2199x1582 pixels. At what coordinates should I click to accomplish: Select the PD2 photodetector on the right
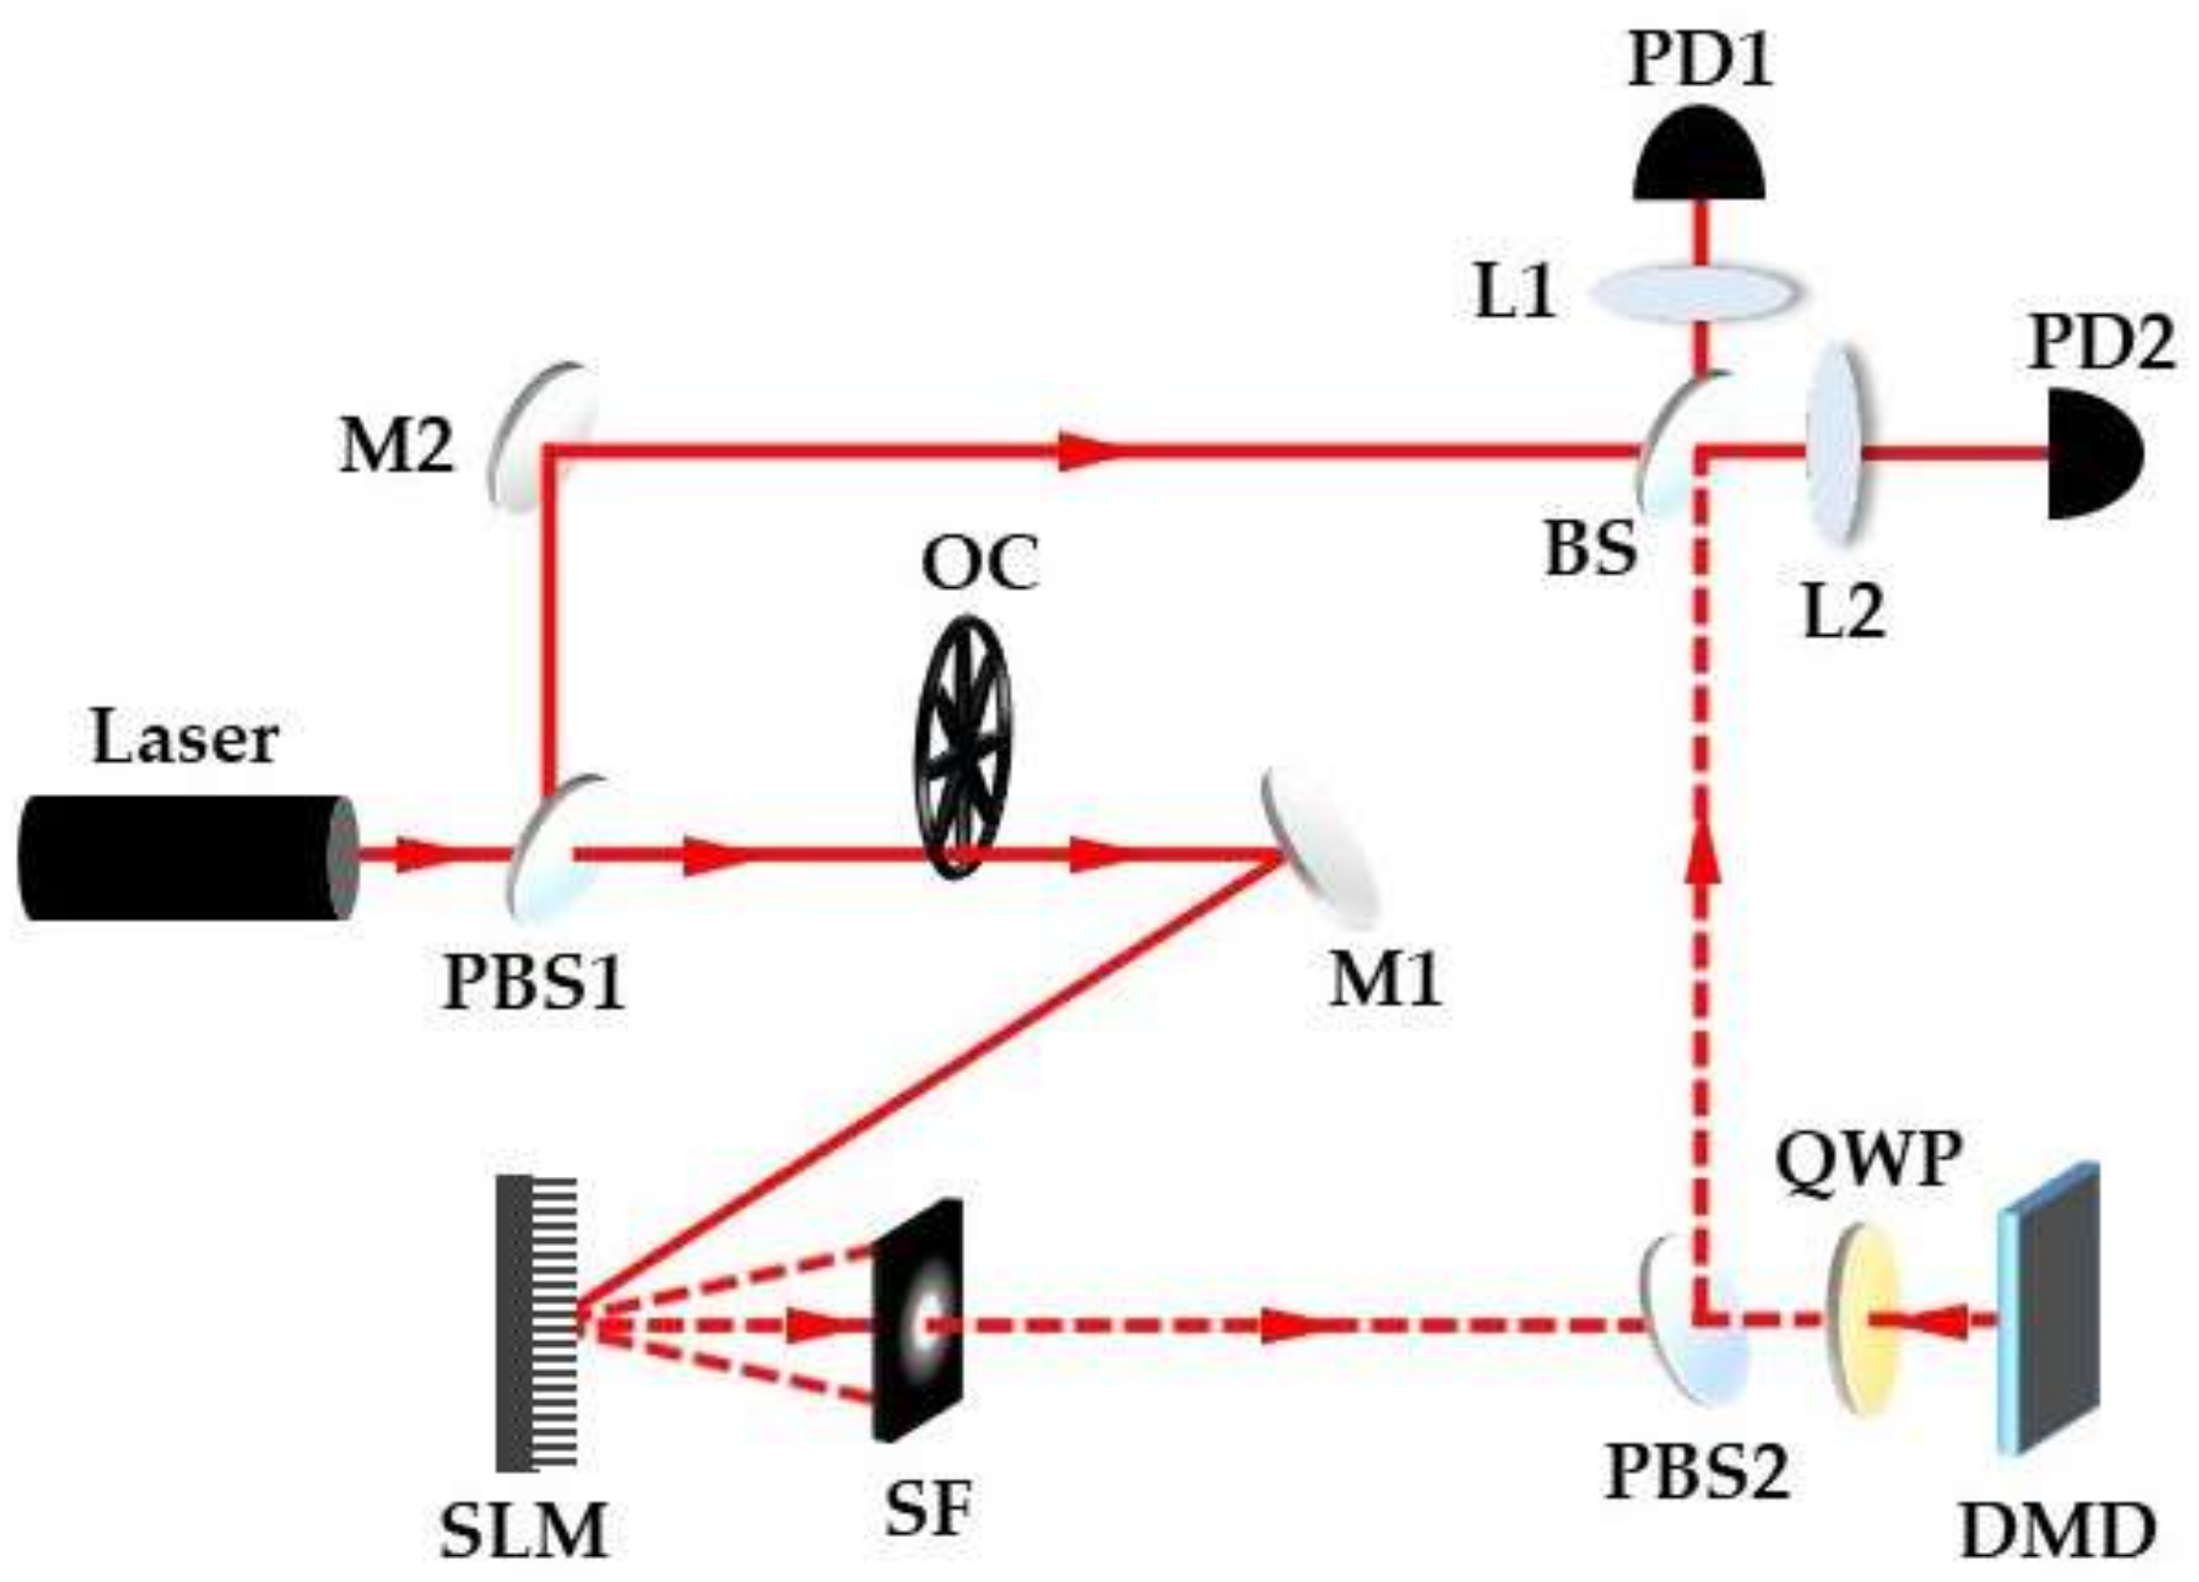2090,452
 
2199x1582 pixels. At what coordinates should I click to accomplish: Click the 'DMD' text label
2056,1532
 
